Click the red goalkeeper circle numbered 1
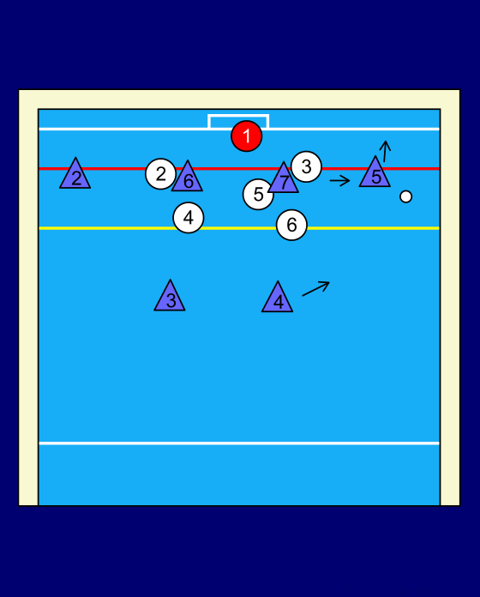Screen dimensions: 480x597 coord(247,136)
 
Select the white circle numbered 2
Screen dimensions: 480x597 coord(161,174)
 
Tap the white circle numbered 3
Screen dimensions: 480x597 coord(307,166)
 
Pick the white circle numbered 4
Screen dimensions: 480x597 coord(189,218)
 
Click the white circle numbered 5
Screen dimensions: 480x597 coord(258,195)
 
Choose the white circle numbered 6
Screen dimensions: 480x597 coord(291,225)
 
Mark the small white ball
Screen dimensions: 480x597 coord(405,196)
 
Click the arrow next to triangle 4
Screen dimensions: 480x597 coord(315,288)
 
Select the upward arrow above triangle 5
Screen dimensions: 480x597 coord(386,152)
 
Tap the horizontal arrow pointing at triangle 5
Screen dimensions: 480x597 coord(339,180)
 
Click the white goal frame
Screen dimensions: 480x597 coord(238,115)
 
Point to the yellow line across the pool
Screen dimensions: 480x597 coord(239,228)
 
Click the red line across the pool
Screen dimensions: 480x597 coord(239,168)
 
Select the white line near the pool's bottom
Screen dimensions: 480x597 coord(239,443)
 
